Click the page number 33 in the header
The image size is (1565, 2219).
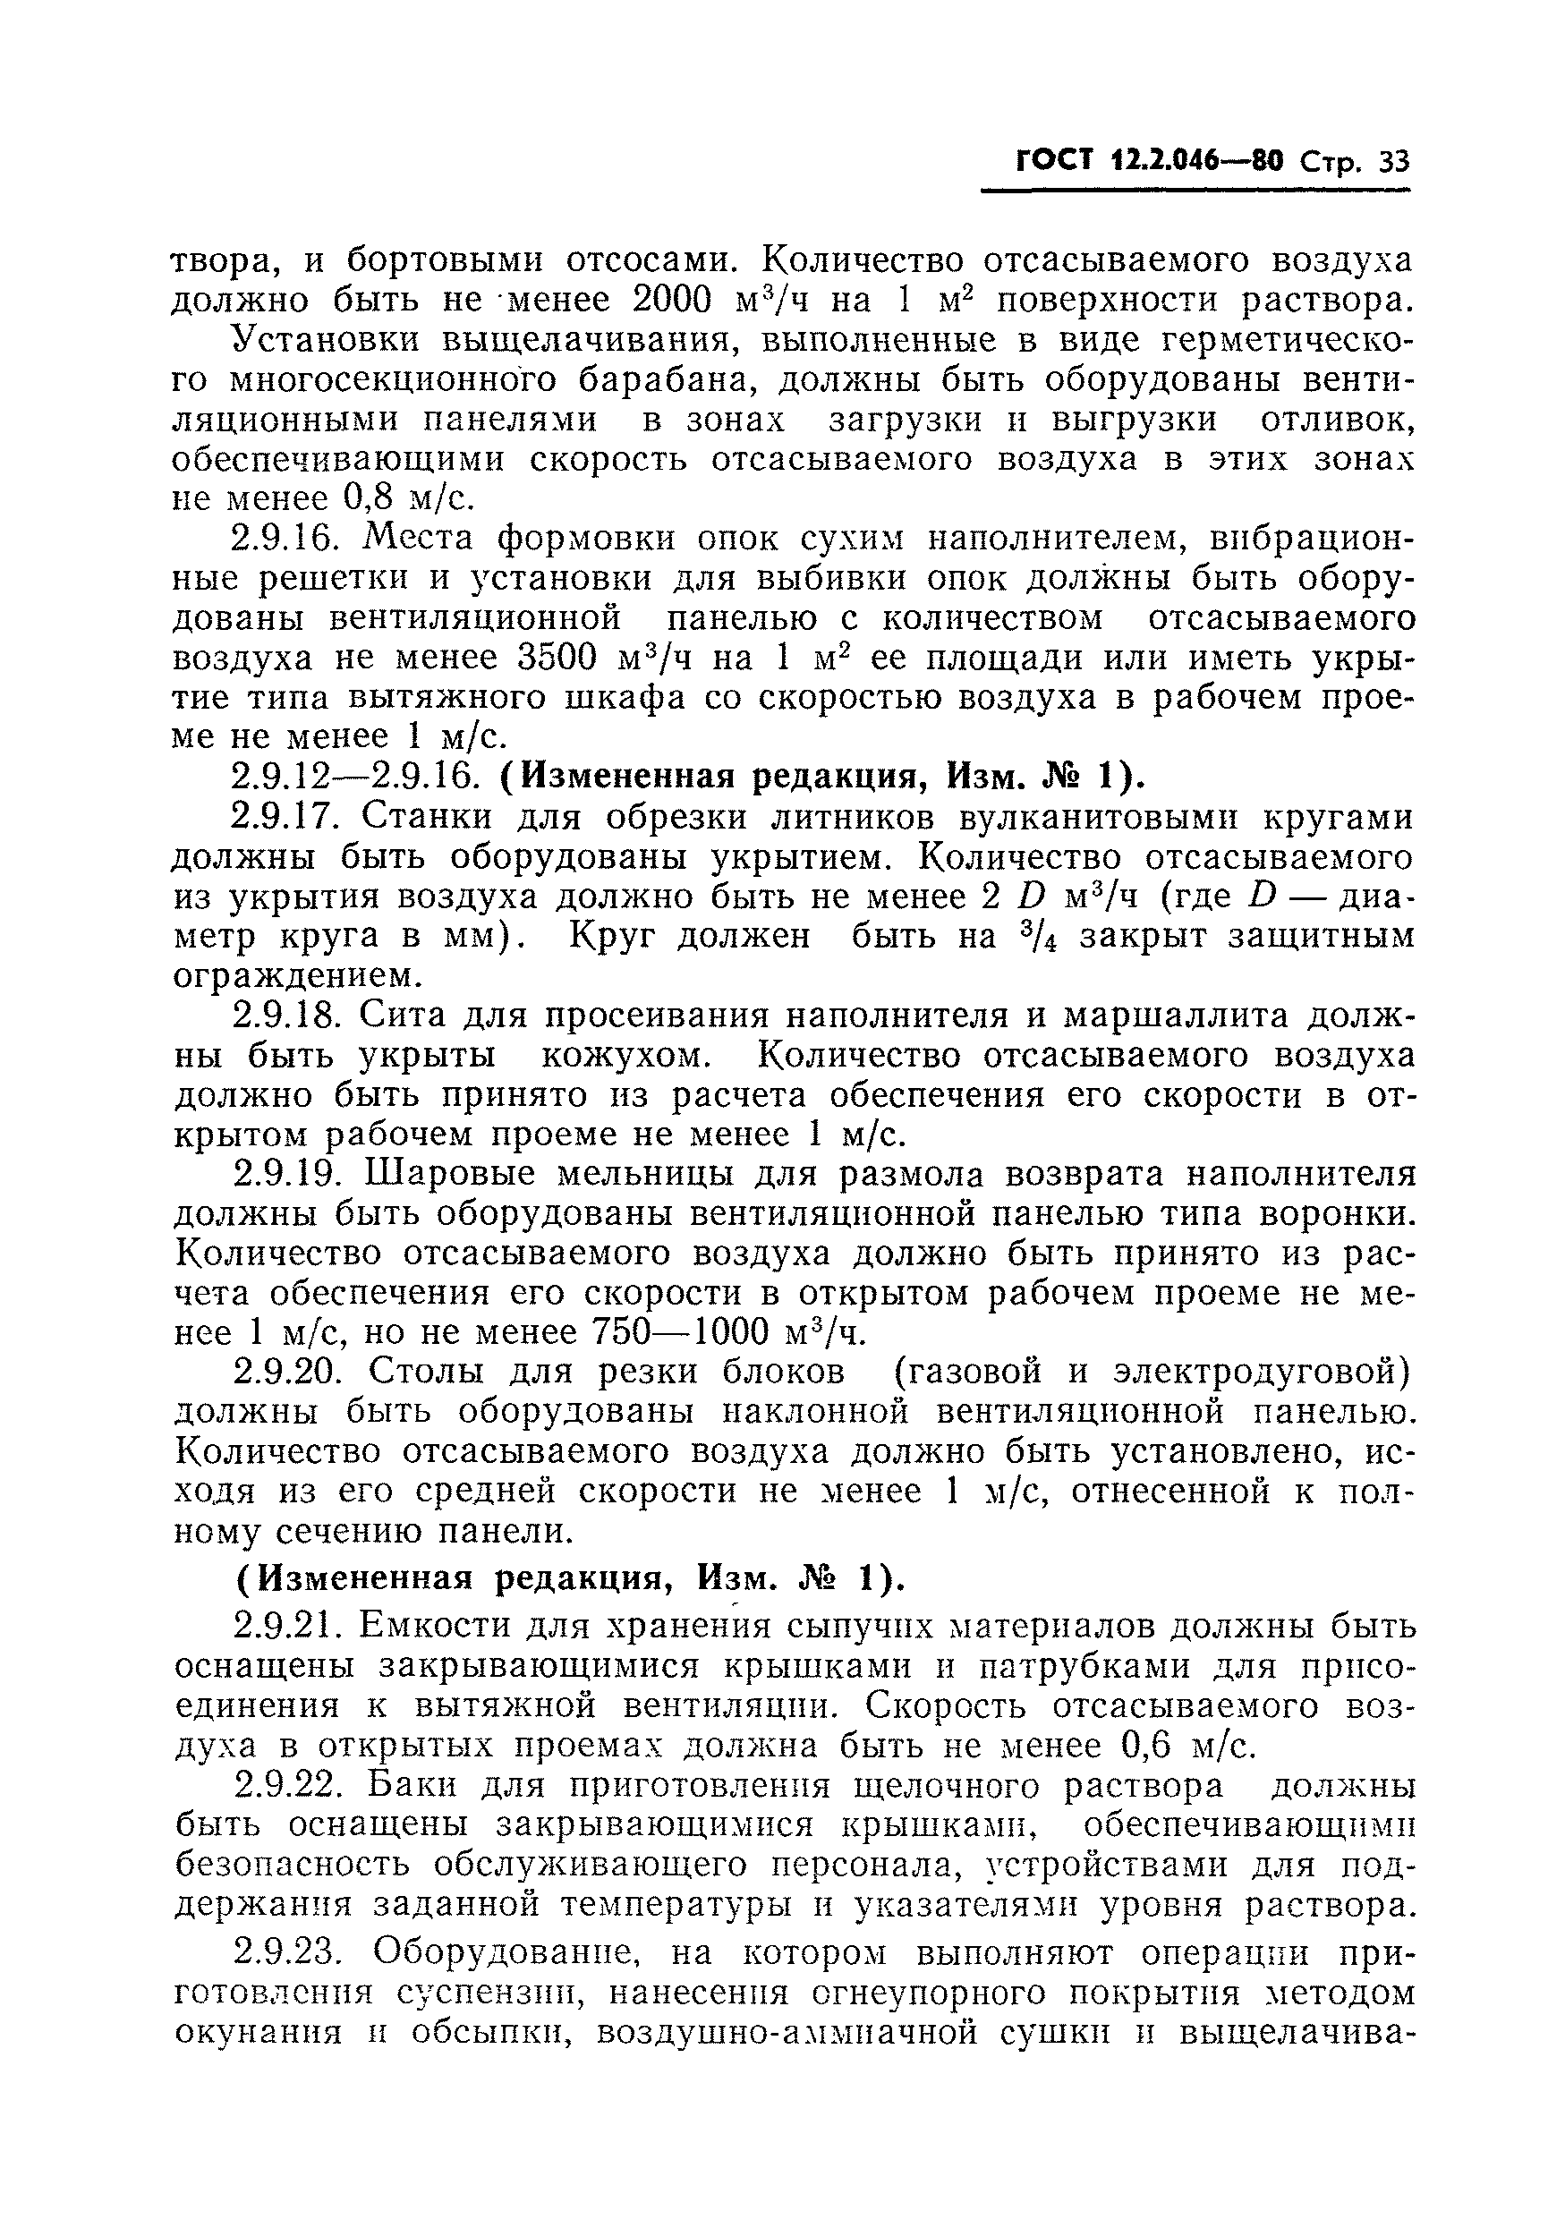(x=1394, y=162)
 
